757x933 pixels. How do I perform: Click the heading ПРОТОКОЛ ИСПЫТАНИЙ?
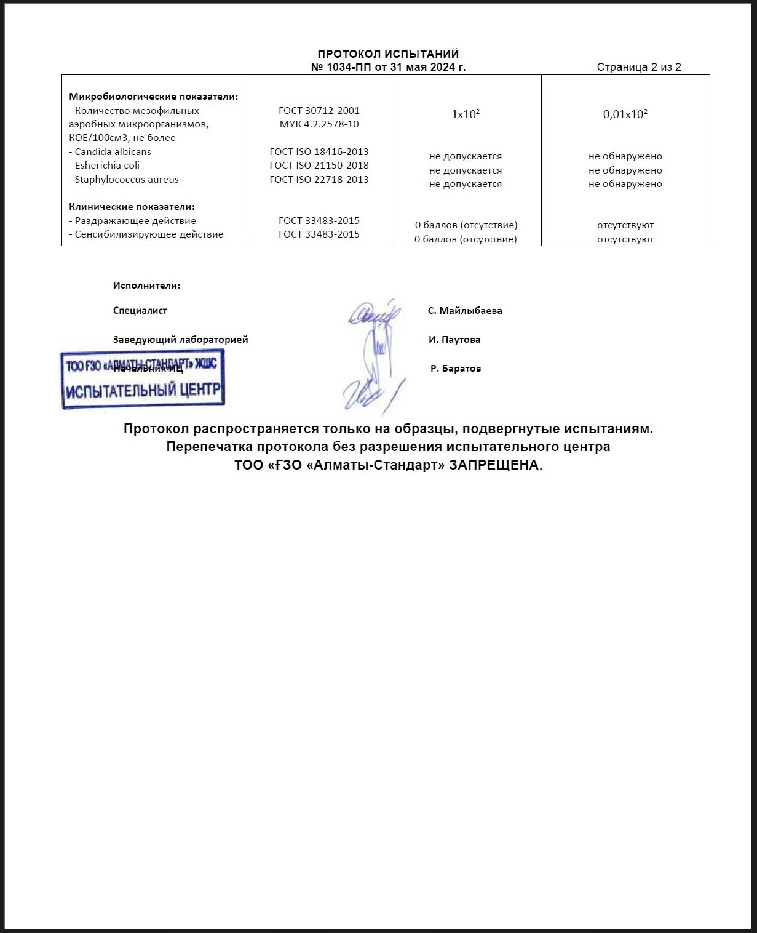pos(388,54)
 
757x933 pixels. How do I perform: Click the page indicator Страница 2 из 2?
pos(639,67)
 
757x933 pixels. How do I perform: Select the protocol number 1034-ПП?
pos(349,67)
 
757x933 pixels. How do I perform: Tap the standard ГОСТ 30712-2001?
pos(319,111)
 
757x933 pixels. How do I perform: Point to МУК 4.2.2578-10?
pos(319,124)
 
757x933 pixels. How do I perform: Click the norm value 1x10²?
pos(466,114)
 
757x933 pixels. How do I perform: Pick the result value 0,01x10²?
pos(625,114)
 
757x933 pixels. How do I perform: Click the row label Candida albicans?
pos(113,151)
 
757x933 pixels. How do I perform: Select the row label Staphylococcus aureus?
pos(126,180)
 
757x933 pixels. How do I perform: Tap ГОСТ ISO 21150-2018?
pos(319,166)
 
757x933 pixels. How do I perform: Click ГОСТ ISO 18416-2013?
pos(319,151)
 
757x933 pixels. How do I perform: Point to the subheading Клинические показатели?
pos(132,207)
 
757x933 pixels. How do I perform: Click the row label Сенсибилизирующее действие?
pos(149,234)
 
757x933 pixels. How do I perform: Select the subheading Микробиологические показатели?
pos(153,97)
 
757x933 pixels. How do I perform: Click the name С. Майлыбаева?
pos(465,311)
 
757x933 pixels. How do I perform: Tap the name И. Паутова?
pos(454,340)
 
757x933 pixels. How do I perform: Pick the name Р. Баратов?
pos(456,369)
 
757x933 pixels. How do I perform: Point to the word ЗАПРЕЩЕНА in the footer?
pos(496,465)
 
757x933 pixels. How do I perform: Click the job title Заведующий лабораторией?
pos(180,340)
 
